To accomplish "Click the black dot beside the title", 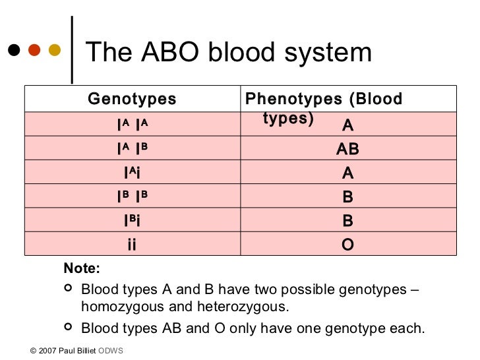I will (x=13, y=51).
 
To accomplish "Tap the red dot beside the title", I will (x=34, y=51).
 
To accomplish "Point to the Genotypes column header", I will (x=132, y=100).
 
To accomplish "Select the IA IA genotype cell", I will (x=132, y=125).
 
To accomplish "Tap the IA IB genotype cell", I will (x=132, y=149).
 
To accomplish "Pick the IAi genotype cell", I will (x=132, y=173).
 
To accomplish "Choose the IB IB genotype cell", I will (x=132, y=196).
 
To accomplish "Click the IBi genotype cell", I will (x=132, y=221).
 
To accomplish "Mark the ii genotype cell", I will (x=132, y=245).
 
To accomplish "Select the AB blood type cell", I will (x=347, y=149).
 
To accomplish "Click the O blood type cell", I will (x=347, y=245).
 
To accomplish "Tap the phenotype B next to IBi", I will (x=347, y=221).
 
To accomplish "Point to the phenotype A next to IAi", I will (x=347, y=173).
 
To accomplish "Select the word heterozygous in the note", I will (x=251, y=307).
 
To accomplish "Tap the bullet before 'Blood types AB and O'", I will (x=68, y=327).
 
